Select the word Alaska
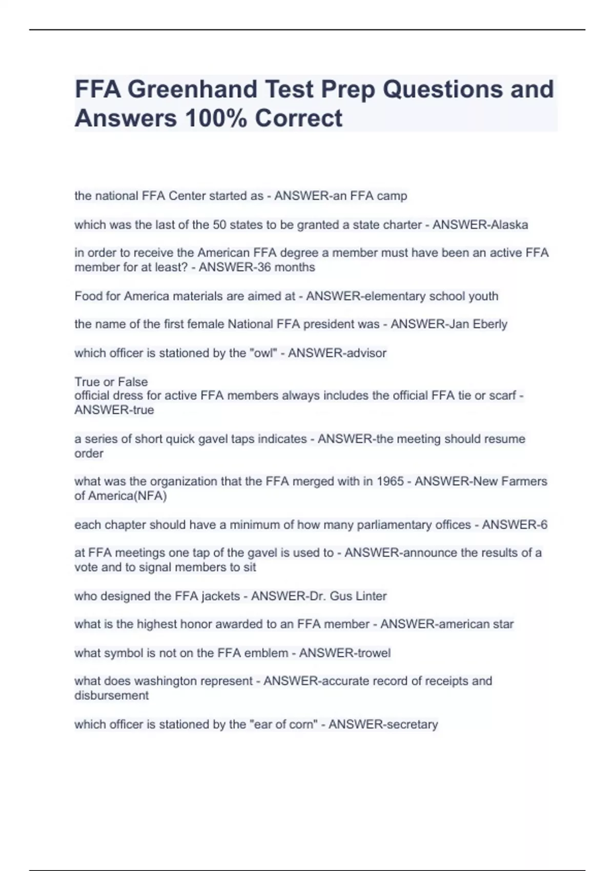509,225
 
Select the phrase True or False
111,382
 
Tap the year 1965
390,482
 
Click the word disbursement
111,696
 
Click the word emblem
263,653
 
